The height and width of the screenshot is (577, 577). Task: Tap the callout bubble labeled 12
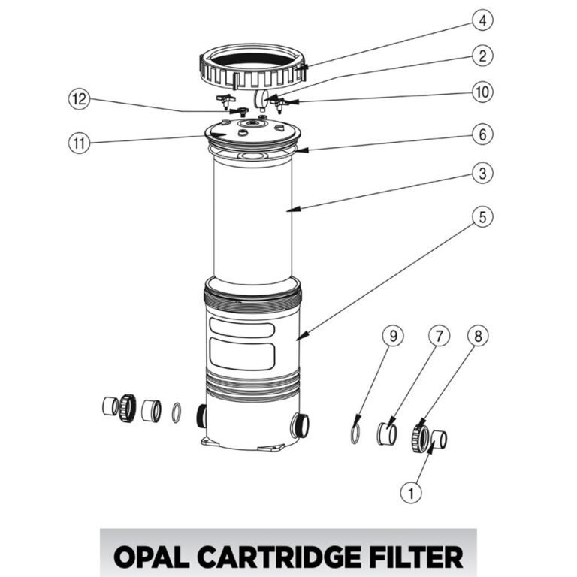click(79, 98)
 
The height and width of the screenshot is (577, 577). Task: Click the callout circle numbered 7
click(439, 337)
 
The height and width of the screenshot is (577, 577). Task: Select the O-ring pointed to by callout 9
click(355, 434)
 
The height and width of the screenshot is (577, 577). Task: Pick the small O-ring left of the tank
click(176, 412)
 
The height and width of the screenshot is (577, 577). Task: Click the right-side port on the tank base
click(300, 425)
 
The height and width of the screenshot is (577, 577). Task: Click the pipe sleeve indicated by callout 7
click(387, 434)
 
